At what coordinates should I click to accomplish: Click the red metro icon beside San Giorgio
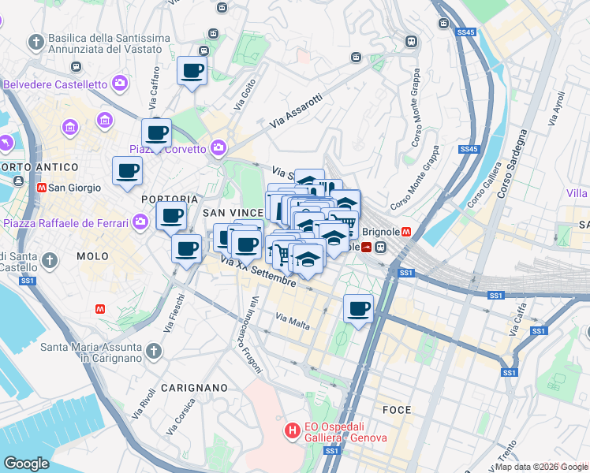click(41, 188)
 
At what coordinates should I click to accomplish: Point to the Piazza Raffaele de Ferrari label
click(65, 223)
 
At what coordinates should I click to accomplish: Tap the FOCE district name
click(396, 410)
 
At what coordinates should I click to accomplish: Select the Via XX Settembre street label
click(259, 270)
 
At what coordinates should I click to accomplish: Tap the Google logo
click(26, 464)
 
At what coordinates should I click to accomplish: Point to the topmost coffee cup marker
click(192, 72)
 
